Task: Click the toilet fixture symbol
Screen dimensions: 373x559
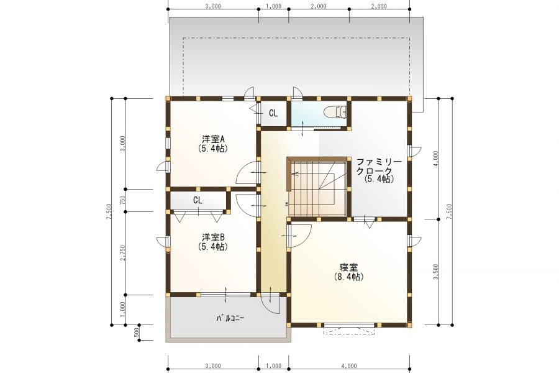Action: click(335, 113)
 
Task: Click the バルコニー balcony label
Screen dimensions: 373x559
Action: click(230, 318)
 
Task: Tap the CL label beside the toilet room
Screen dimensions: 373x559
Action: click(273, 113)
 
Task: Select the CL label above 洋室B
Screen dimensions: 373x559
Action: click(198, 200)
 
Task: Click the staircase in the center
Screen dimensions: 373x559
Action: click(317, 186)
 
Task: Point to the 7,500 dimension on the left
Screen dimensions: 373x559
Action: click(109, 212)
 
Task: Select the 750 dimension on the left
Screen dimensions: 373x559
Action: click(123, 200)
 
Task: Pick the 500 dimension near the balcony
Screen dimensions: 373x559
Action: click(137, 333)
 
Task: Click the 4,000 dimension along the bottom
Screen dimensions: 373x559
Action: click(348, 366)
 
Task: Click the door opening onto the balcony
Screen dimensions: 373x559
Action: click(271, 303)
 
